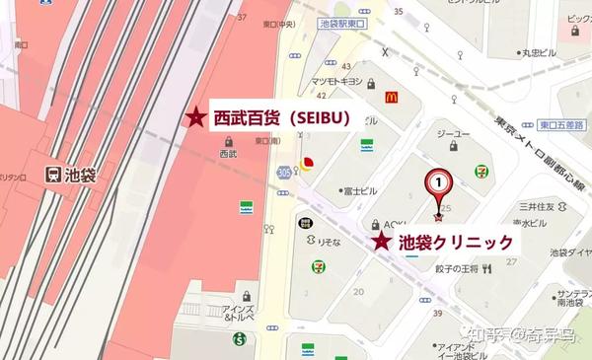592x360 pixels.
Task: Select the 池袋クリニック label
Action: point(455,242)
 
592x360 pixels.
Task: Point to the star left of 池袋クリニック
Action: point(380,242)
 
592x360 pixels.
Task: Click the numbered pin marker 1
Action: point(437,182)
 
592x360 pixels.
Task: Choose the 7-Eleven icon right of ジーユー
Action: point(481,170)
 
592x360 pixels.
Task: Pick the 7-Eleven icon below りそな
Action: point(320,265)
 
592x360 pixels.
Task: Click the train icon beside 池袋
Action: point(53,174)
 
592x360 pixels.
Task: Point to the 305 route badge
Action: point(284,172)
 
